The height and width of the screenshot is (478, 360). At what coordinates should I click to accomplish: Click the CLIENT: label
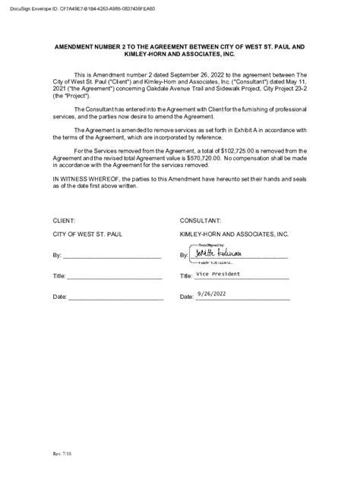[x=64, y=219]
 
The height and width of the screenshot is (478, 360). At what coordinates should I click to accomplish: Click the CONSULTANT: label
[x=201, y=219]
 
